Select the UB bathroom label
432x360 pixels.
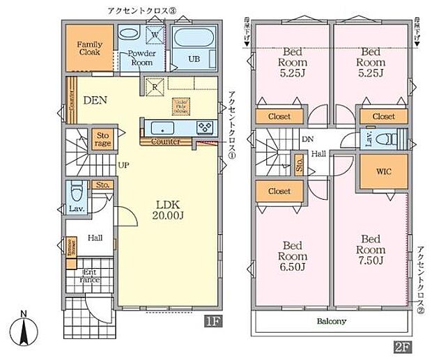194,59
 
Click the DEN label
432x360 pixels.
95,100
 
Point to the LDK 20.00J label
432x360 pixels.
167,211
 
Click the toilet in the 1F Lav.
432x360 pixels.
77,189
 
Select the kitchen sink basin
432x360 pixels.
164,127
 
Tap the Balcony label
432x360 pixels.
332,322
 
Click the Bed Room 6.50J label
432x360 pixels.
292,258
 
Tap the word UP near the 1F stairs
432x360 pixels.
123,165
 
